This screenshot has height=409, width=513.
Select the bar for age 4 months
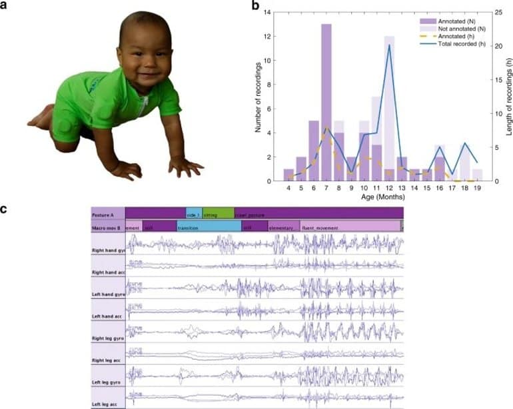tap(288, 175)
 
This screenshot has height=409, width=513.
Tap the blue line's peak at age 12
tap(389, 45)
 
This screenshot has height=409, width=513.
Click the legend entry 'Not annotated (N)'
tap(454, 30)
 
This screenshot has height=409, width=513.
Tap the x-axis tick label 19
tap(477, 189)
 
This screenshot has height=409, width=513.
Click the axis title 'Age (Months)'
tap(382, 198)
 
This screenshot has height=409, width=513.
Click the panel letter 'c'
tap(5, 208)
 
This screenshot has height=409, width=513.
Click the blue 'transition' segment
tap(209, 226)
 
